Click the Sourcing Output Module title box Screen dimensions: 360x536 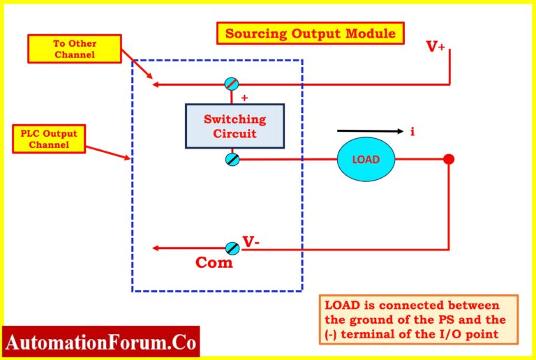pos(311,33)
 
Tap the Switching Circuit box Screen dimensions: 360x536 pos(234,126)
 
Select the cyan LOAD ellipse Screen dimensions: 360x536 pos(366,159)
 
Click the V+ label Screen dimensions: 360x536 pos(436,47)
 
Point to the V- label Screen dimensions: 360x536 pos(251,243)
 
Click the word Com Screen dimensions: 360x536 pos(214,263)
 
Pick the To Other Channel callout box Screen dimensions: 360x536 pos(75,47)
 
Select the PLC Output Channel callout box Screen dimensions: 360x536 pos(48,139)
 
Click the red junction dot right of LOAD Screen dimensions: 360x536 pos(449,159)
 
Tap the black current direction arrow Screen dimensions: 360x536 pos(370,130)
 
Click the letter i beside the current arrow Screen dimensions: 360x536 pos(412,131)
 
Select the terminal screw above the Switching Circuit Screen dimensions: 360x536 pos(232,84)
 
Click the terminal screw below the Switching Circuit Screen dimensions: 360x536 pos(232,160)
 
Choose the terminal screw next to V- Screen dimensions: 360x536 pos(232,248)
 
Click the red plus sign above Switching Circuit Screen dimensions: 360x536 pos(244,98)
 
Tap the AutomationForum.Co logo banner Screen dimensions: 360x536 pos(101,343)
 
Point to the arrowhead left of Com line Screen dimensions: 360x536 pos(158,248)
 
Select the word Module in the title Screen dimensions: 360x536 pos(369,33)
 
